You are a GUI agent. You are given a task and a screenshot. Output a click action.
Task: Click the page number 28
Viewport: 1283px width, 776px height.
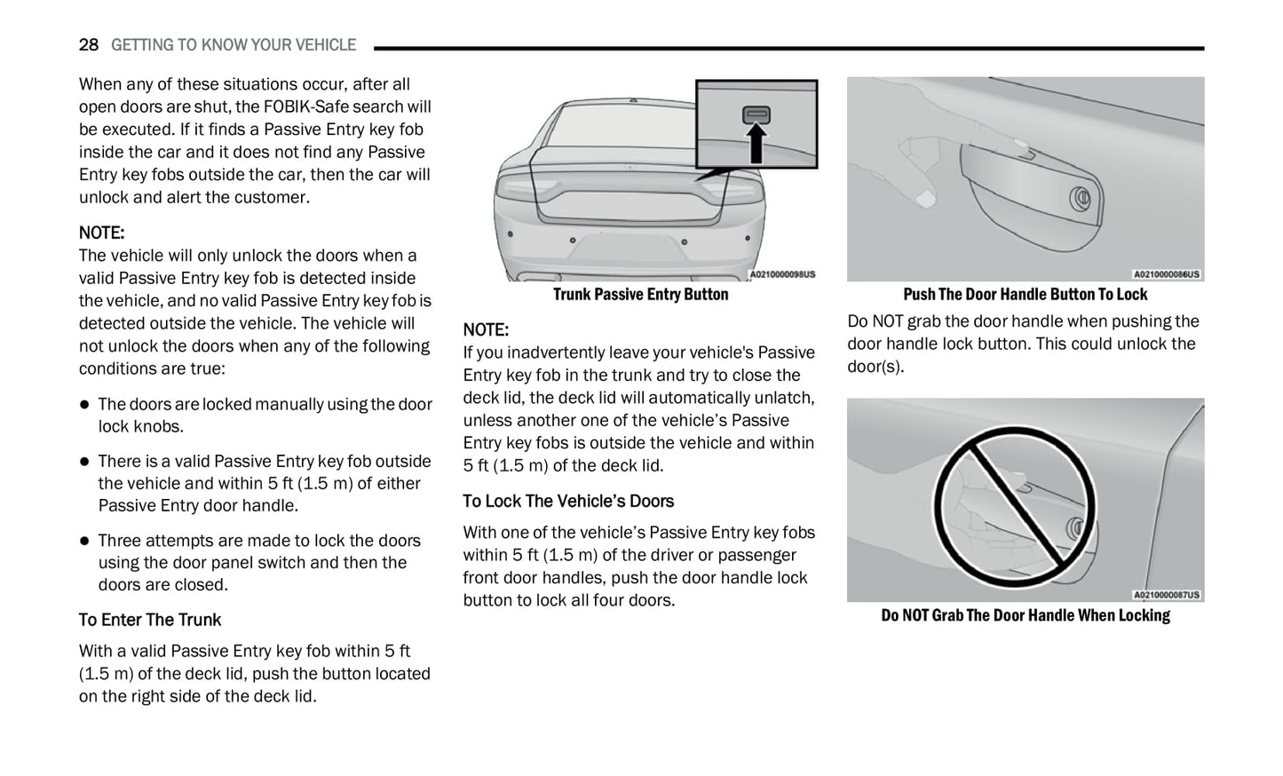89,44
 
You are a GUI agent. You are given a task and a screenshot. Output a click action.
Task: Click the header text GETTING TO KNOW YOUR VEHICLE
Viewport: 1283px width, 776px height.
233,44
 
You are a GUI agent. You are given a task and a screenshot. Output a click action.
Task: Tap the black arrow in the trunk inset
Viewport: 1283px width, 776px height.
756,144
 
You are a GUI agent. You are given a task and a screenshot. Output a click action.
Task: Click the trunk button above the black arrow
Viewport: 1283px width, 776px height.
756,115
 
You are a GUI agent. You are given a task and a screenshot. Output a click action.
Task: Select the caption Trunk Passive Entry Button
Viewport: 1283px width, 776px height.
640,294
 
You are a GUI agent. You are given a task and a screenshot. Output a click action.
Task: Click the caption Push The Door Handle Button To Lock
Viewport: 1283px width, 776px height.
1025,294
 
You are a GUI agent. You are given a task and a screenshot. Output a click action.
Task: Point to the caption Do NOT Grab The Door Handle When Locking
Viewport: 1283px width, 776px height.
1025,615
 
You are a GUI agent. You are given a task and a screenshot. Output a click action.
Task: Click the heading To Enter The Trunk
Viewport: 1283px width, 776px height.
150,620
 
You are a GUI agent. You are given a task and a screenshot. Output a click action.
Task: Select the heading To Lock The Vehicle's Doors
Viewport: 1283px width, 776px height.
568,501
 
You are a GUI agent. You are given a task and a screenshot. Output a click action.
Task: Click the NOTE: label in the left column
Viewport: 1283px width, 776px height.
101,233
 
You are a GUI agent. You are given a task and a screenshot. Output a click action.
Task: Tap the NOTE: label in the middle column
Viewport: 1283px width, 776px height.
486,329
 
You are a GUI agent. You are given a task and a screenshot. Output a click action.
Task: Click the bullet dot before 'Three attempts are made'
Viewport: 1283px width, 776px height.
85,541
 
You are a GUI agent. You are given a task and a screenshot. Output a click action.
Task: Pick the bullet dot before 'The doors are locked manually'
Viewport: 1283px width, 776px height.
85,404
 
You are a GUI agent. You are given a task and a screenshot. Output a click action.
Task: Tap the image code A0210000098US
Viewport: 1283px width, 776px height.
782,274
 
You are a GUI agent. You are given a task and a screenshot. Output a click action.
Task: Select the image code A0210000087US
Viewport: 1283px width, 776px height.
1166,595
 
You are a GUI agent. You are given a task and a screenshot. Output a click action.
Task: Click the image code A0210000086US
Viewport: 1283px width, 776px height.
1166,274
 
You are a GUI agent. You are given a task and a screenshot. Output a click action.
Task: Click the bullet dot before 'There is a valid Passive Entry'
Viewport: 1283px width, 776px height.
85,461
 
